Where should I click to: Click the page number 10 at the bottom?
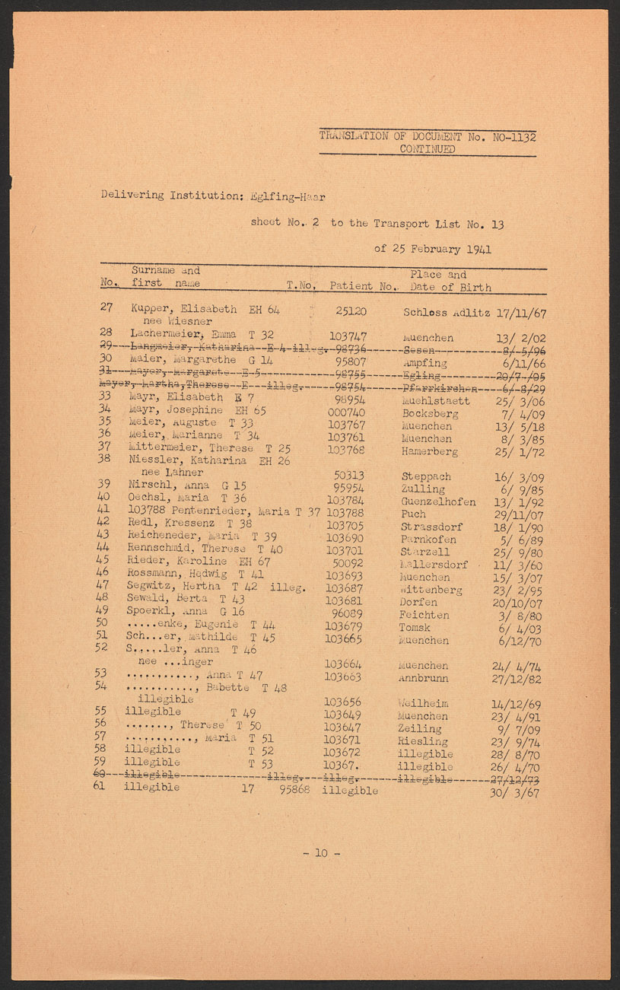pos(321,853)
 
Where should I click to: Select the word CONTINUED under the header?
pos(428,149)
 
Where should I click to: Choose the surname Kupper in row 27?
pos(149,311)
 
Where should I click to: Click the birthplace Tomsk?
pos(414,628)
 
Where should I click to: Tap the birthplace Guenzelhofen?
pos(438,501)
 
